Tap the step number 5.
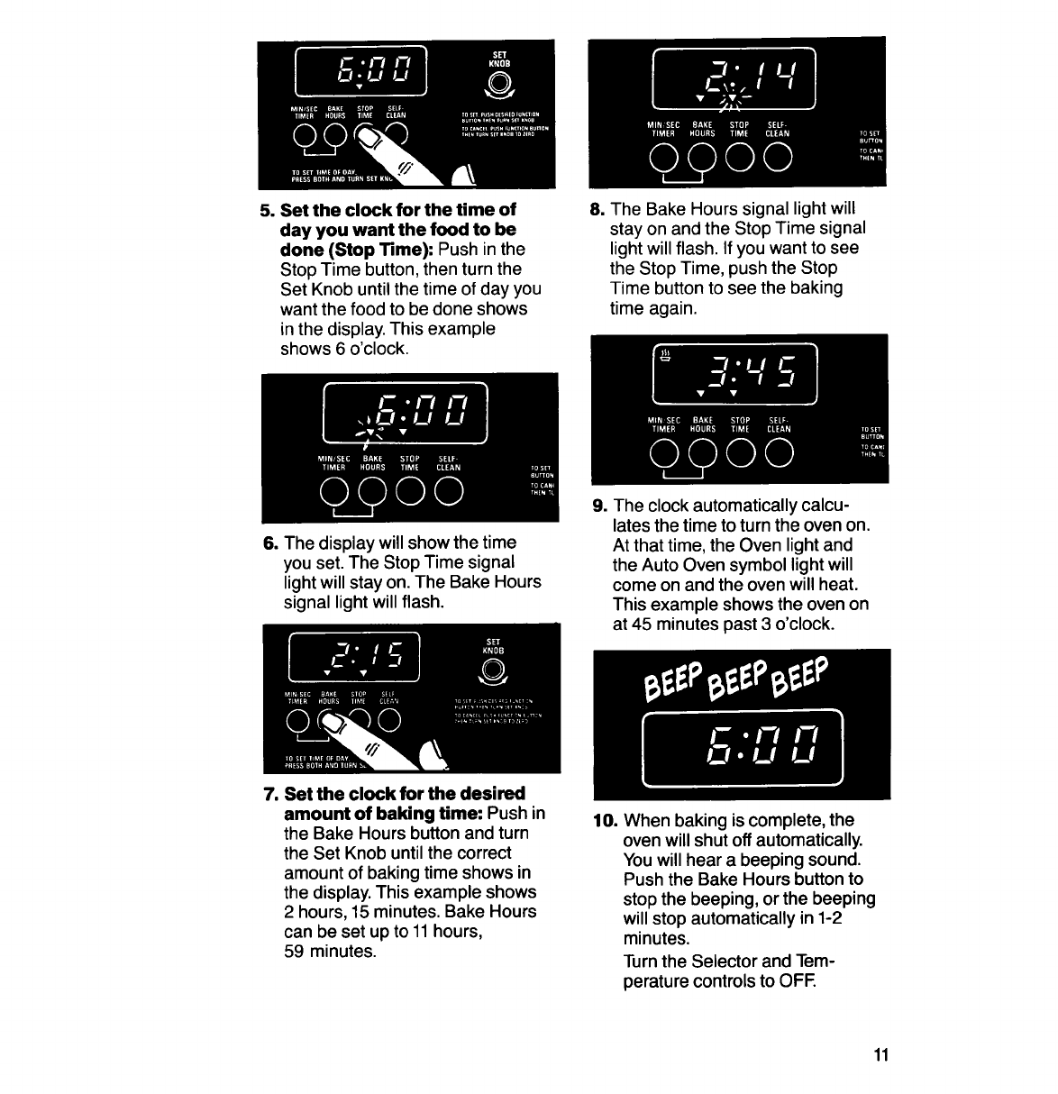[266, 210]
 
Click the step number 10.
[603, 821]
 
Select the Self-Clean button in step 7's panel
[388, 722]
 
